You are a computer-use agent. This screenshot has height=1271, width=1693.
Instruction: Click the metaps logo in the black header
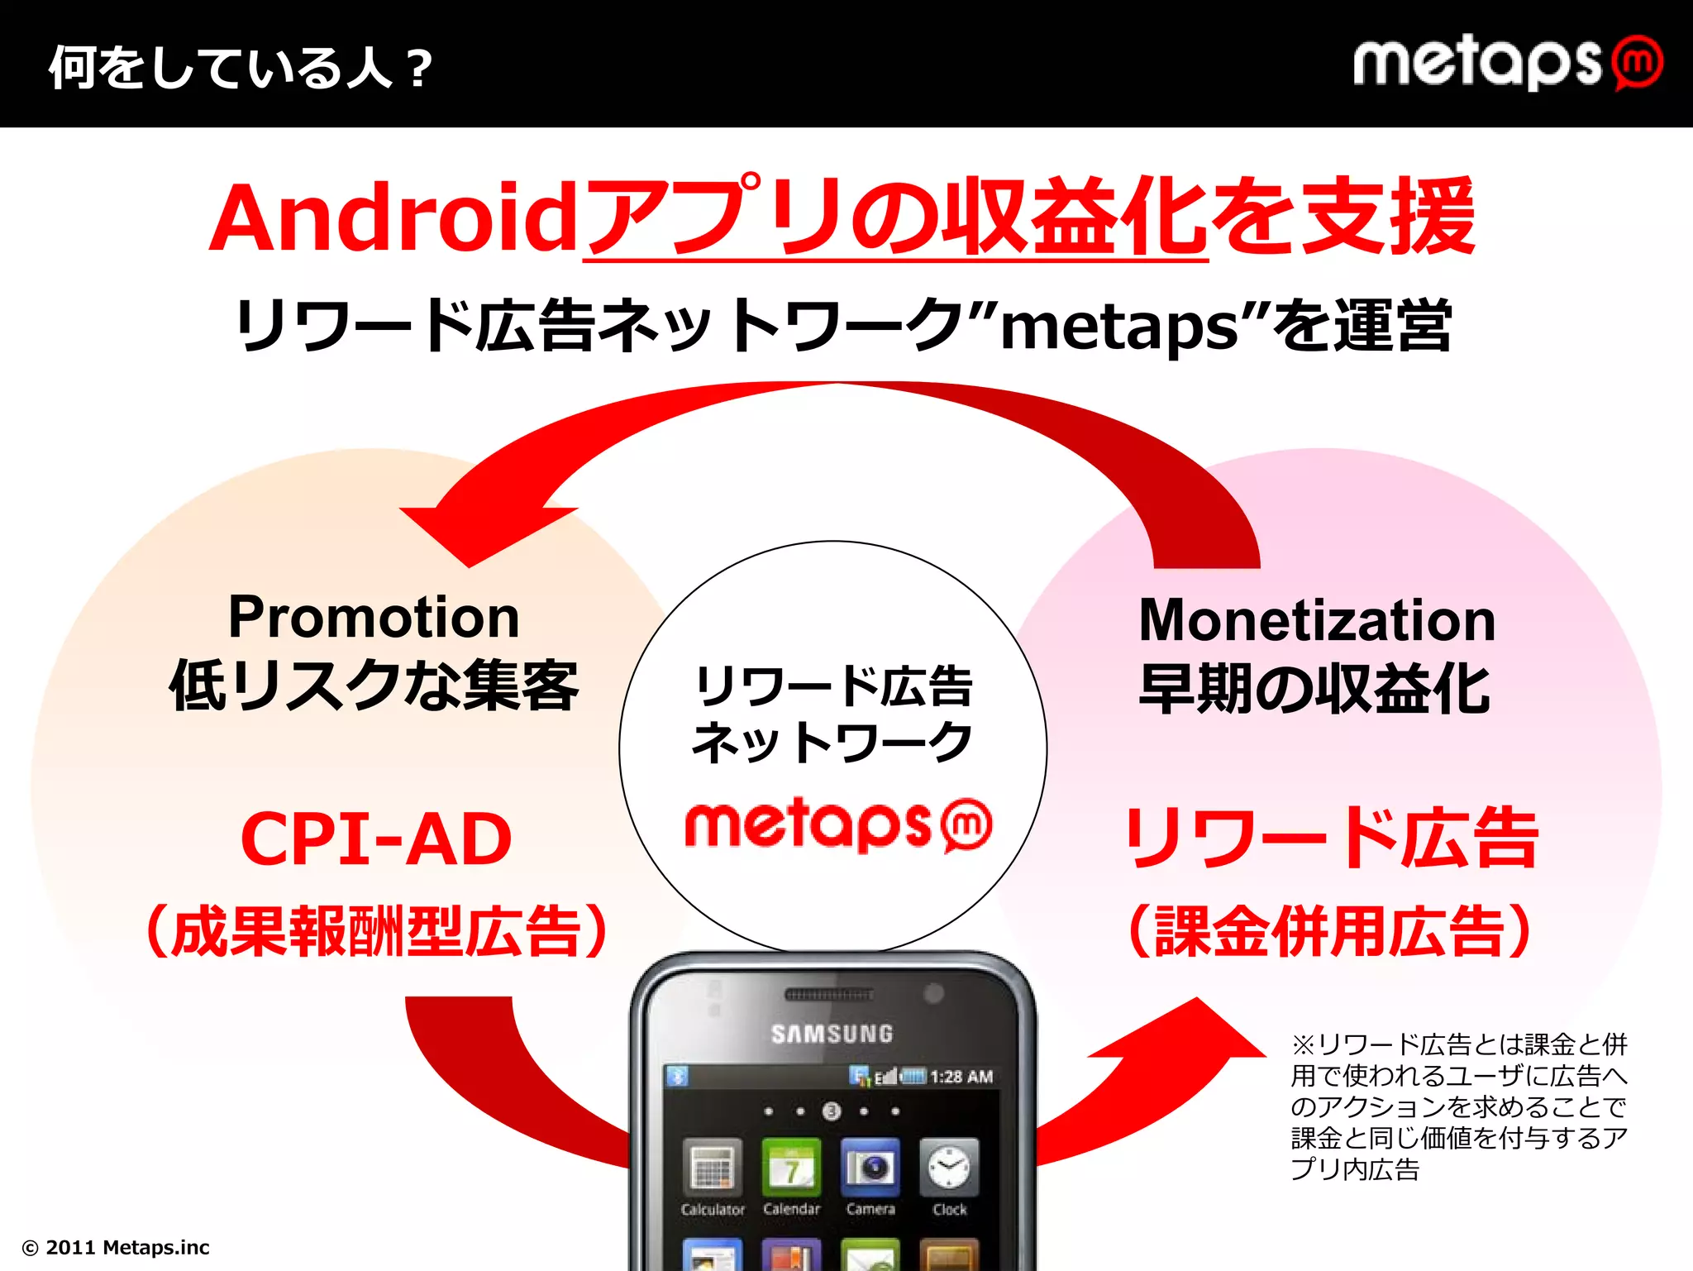1506,63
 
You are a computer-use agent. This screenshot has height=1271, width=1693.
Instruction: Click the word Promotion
374,617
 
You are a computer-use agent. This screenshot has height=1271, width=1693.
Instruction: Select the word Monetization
1317,620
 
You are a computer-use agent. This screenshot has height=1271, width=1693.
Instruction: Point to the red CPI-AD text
376,839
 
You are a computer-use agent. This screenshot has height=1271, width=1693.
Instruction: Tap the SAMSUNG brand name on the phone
832,1034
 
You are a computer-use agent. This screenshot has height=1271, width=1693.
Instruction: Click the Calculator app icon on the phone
712,1168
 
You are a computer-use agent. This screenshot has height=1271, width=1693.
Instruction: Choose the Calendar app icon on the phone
791,1168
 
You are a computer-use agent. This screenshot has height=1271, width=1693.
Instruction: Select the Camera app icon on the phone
870,1168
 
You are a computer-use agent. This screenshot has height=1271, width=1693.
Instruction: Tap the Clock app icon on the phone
949,1168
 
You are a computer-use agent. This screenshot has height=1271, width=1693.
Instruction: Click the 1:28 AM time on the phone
961,1077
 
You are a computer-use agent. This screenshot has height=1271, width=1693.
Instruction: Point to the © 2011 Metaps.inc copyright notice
116,1247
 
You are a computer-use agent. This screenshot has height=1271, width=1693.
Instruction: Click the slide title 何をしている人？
240,67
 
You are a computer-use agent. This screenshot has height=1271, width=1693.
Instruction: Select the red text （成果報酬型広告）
377,932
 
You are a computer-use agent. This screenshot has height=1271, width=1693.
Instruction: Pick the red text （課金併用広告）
1330,932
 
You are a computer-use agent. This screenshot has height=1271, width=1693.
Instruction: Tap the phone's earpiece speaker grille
828,995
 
